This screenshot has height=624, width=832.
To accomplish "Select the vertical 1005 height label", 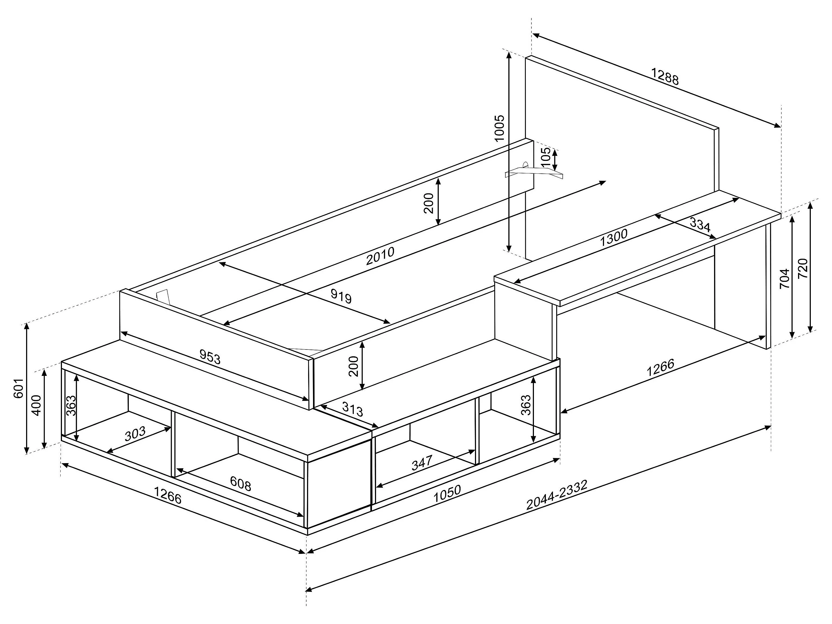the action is click(499, 128).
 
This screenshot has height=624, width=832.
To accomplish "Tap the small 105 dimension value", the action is click(545, 158).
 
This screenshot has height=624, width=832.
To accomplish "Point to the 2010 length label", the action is click(380, 256).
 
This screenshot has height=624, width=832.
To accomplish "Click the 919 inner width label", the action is click(341, 296).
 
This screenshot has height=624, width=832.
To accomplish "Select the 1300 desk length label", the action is click(614, 237).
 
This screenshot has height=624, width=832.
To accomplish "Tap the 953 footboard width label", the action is click(210, 357).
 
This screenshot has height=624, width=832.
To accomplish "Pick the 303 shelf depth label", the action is click(135, 434).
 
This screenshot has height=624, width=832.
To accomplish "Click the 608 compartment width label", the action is click(240, 484).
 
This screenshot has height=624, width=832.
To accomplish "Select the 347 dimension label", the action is click(422, 463).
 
